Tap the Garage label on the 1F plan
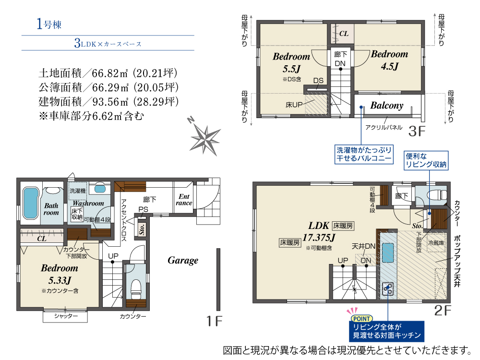point(183,260)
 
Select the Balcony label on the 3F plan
point(387,105)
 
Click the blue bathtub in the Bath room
point(30,203)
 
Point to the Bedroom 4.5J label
point(389,60)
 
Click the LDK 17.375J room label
point(319,231)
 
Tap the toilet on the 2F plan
point(438,195)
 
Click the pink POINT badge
point(361,319)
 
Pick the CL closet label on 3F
point(344,34)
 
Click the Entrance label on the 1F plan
point(184,200)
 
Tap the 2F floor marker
point(443,311)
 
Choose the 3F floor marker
point(417,132)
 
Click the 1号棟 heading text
point(49,24)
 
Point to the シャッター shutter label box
point(65,316)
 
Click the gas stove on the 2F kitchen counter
point(388,288)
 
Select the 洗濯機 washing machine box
point(78,191)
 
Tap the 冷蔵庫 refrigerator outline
point(436,243)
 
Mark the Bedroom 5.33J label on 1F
point(60,274)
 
